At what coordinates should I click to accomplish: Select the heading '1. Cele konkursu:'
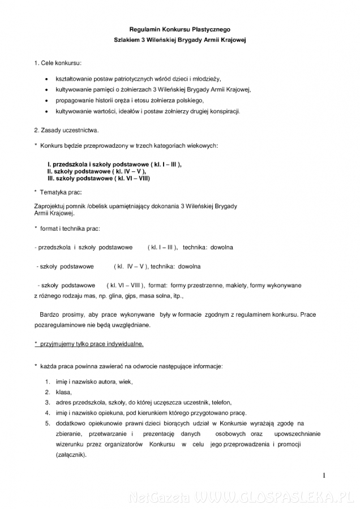pyautogui.click(x=58, y=61)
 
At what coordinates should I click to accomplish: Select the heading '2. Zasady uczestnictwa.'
pyautogui.click(x=66, y=131)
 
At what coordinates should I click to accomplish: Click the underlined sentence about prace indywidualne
pyautogui.click(x=89, y=343)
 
